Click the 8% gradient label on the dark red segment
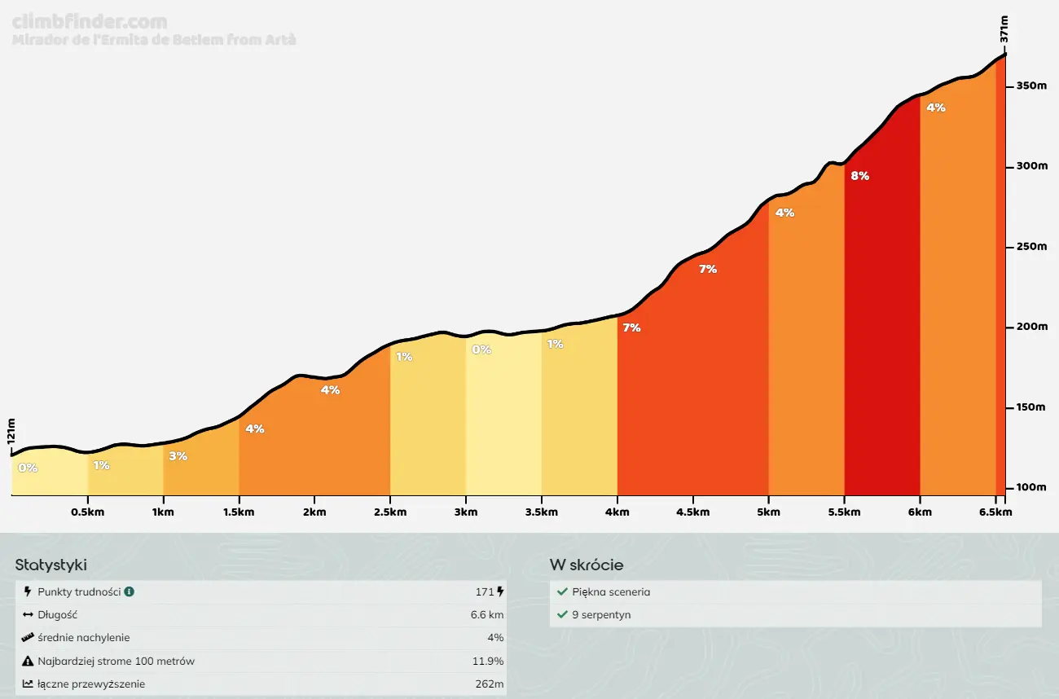(x=859, y=175)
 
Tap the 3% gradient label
(x=178, y=456)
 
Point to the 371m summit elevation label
(x=1004, y=28)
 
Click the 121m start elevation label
(x=11, y=432)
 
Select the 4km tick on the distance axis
(x=617, y=512)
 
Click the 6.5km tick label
(x=995, y=512)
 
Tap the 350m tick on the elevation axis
(x=1031, y=86)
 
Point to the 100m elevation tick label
(x=1031, y=487)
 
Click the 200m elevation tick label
(x=1031, y=327)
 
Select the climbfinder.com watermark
(x=90, y=22)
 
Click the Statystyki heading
(x=51, y=565)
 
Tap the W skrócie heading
(x=587, y=565)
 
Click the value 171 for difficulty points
(x=485, y=592)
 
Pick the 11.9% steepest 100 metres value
(x=489, y=661)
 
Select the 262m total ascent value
(x=489, y=684)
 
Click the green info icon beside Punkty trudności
(x=129, y=592)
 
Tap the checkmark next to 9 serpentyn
(x=562, y=615)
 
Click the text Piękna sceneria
(x=611, y=592)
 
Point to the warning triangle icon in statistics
(x=29, y=661)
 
